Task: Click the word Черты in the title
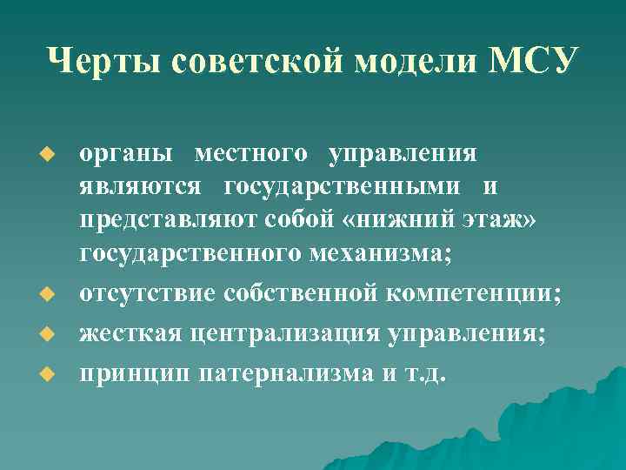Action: [x=102, y=63]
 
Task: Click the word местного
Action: [x=250, y=153]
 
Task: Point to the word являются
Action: [x=141, y=186]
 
